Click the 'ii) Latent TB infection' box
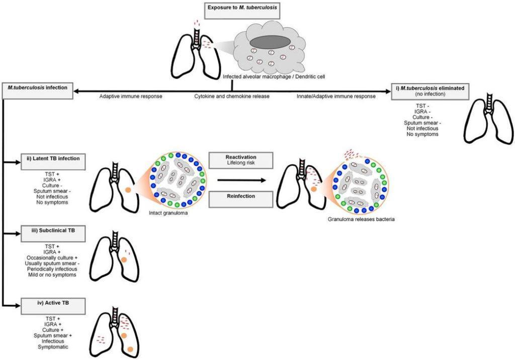pyautogui.click(x=52, y=161)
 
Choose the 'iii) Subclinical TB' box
pyautogui.click(x=52, y=232)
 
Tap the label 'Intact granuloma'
pyautogui.click(x=167, y=212)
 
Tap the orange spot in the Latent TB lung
pyautogui.click(x=127, y=190)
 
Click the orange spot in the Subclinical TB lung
pyautogui.click(x=122, y=259)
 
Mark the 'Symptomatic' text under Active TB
pyautogui.click(x=52, y=347)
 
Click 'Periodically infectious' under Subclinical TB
pyautogui.click(x=52, y=268)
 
